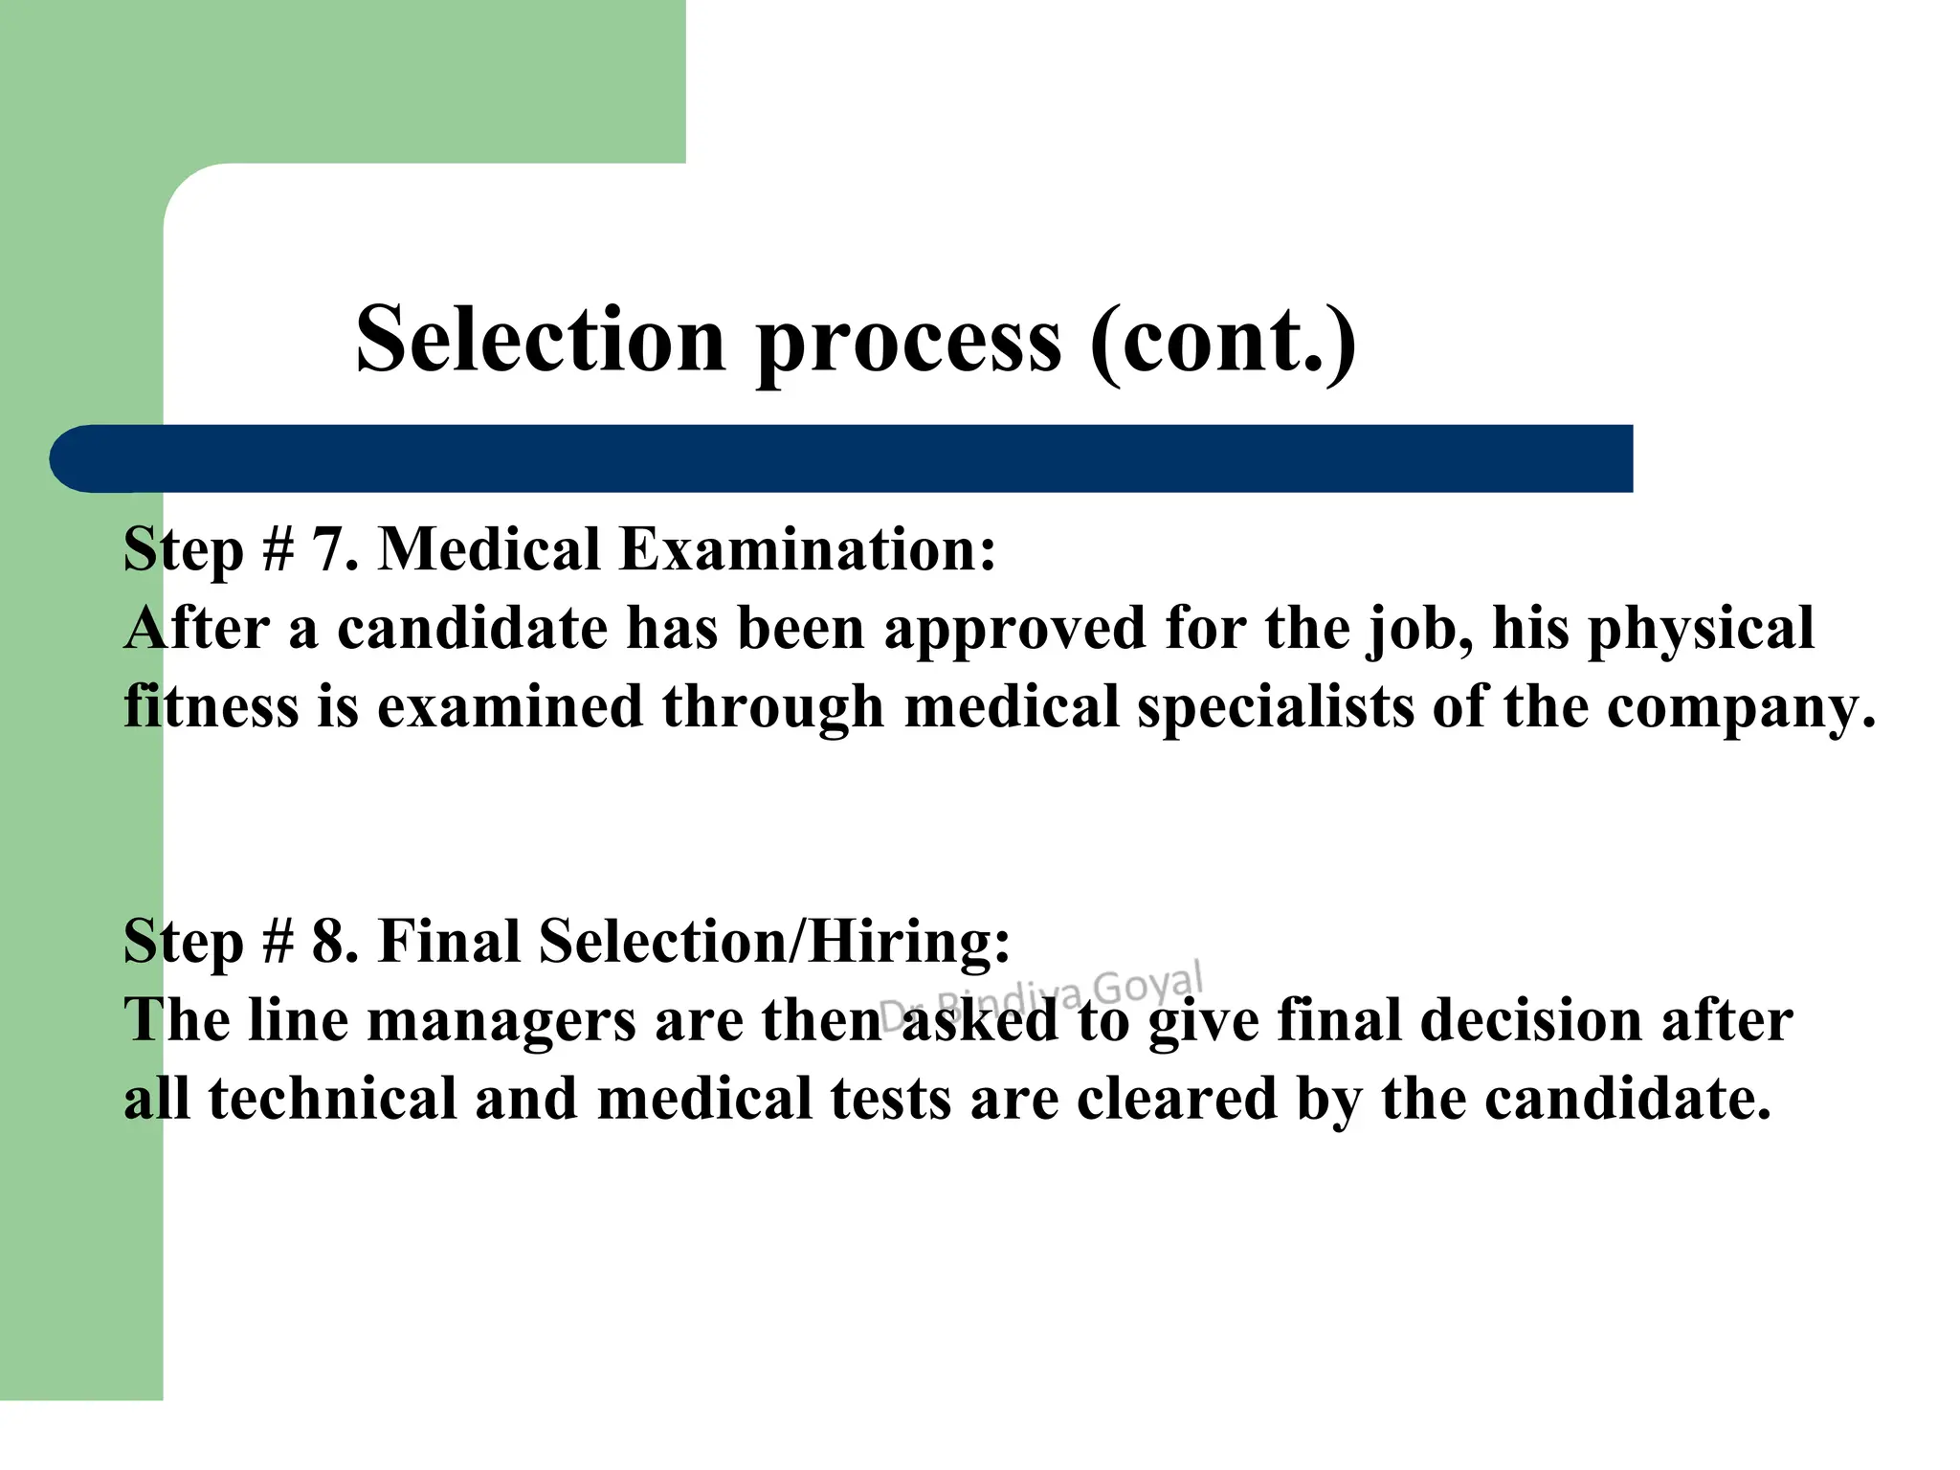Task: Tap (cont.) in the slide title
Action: pos(1222,341)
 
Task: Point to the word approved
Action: pos(1013,631)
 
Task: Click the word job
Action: pos(1417,631)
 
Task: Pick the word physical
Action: pos(1701,631)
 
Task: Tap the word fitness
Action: pos(211,707)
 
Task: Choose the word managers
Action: pos(501,1021)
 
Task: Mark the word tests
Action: pos(891,1099)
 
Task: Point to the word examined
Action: pos(509,707)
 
